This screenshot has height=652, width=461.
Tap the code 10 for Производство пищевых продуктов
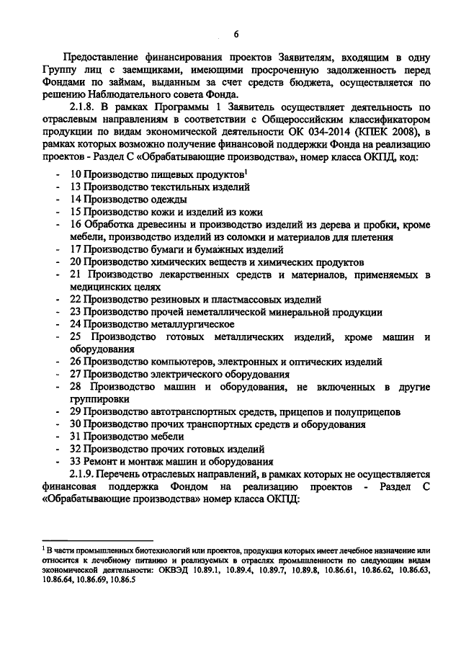[x=75, y=175]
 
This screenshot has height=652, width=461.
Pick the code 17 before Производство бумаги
[x=75, y=250]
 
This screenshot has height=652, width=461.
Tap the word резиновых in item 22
[x=167, y=300]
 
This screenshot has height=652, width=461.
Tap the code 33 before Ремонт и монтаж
[x=75, y=461]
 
